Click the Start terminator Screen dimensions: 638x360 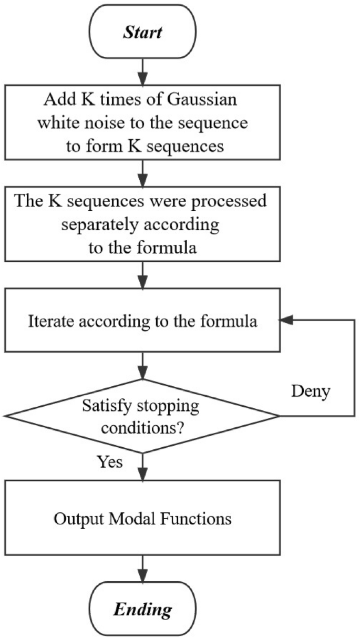pos(143,32)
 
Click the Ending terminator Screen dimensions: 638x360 pos(143,610)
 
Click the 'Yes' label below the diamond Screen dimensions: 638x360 pos(109,462)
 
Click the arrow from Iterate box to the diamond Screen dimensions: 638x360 pos(143,364)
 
